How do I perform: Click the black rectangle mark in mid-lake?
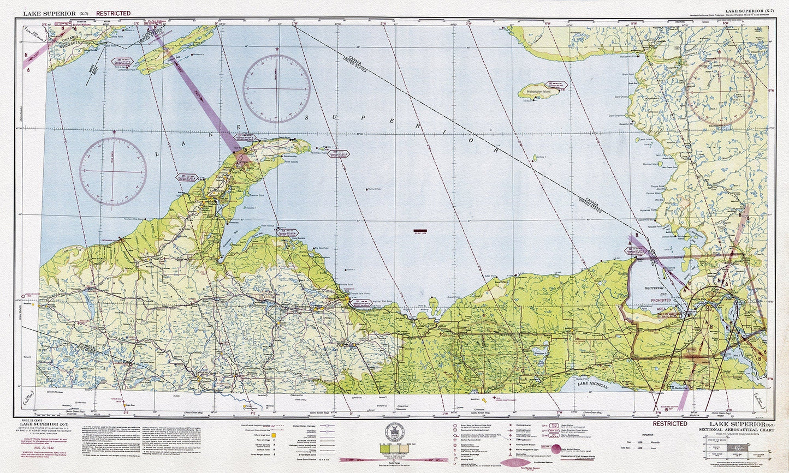421,230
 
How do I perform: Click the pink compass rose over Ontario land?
720,91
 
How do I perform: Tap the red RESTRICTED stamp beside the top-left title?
113,13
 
